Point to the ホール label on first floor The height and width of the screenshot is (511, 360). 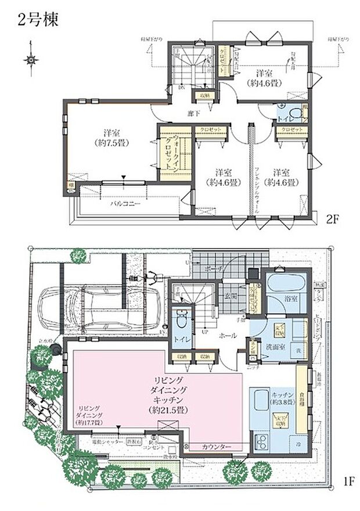pos(226,336)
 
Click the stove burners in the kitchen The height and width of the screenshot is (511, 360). pos(260,444)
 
